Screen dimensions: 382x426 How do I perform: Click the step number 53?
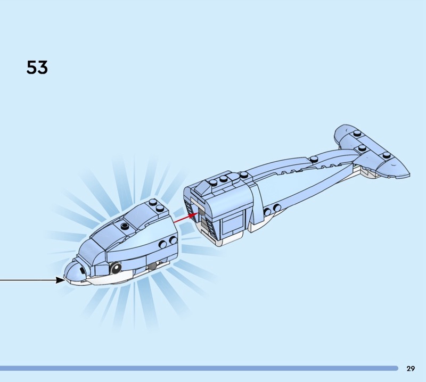point(37,68)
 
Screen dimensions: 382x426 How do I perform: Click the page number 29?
point(411,368)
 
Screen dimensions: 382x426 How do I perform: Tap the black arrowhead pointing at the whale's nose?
point(60,279)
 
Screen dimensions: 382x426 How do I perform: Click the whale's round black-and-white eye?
point(115,267)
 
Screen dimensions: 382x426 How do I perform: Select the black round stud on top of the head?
point(125,226)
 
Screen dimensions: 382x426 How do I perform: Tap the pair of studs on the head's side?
point(167,243)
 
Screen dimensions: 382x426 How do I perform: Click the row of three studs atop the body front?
point(223,180)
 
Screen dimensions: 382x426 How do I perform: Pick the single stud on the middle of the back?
point(314,157)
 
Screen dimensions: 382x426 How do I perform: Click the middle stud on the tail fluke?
point(362,147)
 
